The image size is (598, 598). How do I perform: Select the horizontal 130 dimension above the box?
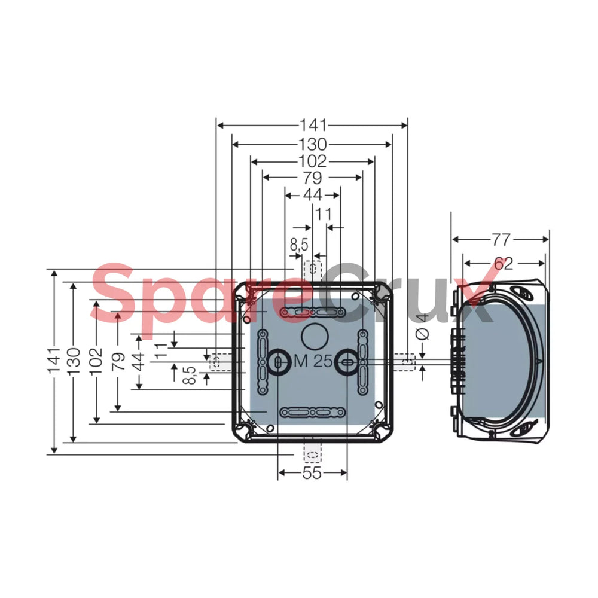pyautogui.click(x=312, y=144)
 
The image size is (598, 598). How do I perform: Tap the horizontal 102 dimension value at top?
pyautogui.click(x=312, y=161)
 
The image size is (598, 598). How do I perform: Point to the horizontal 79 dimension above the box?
pyautogui.click(x=312, y=178)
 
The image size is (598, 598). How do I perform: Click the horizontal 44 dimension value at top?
pyautogui.click(x=312, y=196)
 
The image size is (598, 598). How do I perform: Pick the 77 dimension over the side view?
pyautogui.click(x=501, y=240)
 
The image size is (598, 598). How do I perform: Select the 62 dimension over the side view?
pyautogui.click(x=504, y=263)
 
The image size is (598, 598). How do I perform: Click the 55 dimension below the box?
pyautogui.click(x=312, y=473)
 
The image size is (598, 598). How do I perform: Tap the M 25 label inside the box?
pyautogui.click(x=313, y=361)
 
